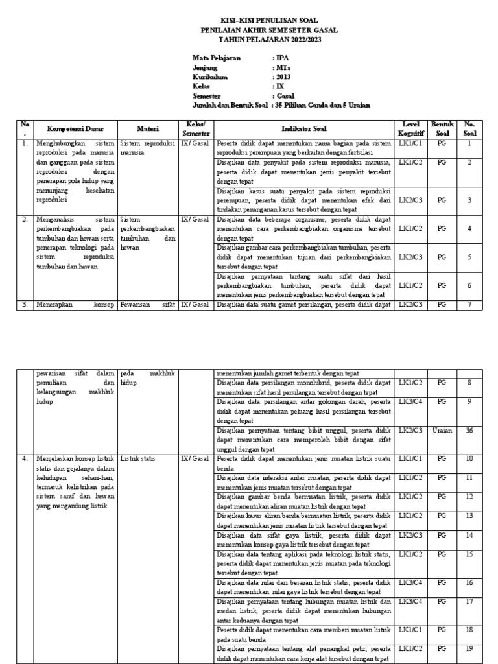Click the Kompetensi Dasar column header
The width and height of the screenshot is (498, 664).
click(75, 128)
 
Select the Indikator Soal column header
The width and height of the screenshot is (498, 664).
click(304, 128)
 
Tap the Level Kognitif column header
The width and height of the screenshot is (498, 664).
click(411, 128)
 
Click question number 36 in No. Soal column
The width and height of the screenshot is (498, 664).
click(469, 431)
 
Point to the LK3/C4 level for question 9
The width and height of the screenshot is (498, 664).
click(411, 402)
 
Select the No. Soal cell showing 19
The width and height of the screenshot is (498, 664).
click(469, 648)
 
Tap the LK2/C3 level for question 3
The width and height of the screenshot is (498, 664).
click(411, 200)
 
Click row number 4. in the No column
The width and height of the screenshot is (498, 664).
click(24, 458)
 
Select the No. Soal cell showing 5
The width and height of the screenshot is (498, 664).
click(469, 257)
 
